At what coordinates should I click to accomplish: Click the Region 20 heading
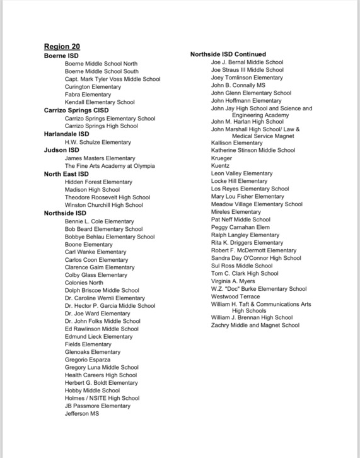click(x=62, y=47)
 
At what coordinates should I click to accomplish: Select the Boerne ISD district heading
click(x=61, y=56)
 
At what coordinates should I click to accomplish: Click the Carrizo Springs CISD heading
click(x=76, y=110)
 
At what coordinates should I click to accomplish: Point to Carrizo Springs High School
click(x=101, y=126)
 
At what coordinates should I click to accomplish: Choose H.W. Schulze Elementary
click(x=98, y=142)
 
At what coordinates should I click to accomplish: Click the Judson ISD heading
click(x=61, y=150)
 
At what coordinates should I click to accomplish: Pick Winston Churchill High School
click(x=103, y=204)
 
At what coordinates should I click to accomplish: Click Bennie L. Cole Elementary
click(x=99, y=221)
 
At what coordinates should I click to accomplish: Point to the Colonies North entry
click(x=84, y=283)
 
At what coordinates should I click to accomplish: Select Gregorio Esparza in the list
click(x=88, y=360)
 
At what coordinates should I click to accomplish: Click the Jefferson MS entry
click(x=82, y=414)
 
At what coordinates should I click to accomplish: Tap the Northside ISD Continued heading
click(x=228, y=54)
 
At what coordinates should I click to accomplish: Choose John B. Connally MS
click(x=238, y=85)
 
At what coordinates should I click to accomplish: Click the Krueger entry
click(x=222, y=158)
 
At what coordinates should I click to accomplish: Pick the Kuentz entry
click(x=221, y=165)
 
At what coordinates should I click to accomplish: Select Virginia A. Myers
click(x=233, y=281)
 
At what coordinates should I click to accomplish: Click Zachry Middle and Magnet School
click(x=255, y=326)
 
